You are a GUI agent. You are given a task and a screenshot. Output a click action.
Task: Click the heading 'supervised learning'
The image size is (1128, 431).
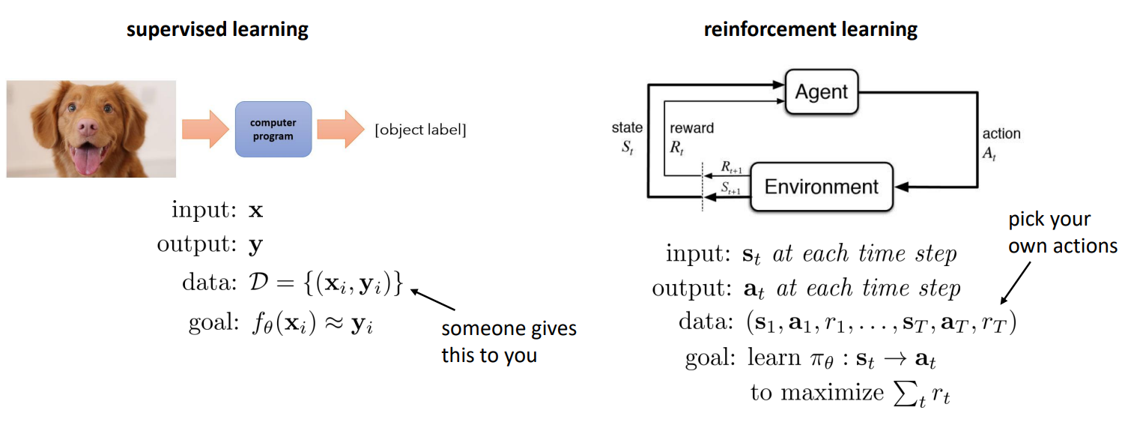(x=217, y=30)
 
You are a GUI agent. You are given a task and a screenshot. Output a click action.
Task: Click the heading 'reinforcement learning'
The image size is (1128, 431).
(x=810, y=30)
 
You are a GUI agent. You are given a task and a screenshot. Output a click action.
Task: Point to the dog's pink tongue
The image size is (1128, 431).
(x=85, y=160)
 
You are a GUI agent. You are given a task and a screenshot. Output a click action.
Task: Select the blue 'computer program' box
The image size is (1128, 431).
(x=273, y=129)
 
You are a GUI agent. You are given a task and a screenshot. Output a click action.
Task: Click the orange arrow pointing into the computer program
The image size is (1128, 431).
(x=204, y=129)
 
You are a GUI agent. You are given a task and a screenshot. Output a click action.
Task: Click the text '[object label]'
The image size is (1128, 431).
(x=420, y=130)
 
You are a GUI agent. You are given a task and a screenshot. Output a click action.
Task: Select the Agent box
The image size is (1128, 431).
(x=822, y=92)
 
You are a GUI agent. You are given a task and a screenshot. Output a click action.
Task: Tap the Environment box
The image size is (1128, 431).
(x=821, y=187)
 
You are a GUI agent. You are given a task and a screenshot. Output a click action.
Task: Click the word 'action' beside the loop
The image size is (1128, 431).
(x=1001, y=133)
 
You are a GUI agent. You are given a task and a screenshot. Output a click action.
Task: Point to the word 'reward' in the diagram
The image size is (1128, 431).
(x=691, y=128)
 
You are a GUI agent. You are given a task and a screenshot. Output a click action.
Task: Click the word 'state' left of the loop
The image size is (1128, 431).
(x=627, y=128)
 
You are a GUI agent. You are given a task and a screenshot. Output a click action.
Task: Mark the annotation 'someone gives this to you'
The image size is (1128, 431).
(x=509, y=342)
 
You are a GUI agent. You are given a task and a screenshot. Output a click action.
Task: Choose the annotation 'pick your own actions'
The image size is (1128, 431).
(x=1061, y=233)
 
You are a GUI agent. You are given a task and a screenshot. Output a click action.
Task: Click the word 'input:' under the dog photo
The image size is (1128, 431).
(x=202, y=211)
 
